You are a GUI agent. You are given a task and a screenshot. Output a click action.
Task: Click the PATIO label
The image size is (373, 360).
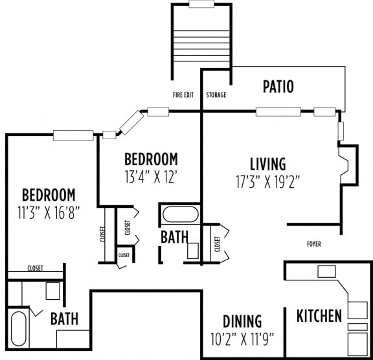click(x=278, y=86)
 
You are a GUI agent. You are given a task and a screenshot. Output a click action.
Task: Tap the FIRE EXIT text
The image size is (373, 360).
click(x=183, y=95)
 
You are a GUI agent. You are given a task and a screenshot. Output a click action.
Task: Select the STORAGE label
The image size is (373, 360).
click(x=216, y=95)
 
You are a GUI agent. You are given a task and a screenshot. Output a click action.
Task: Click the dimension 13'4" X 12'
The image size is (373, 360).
click(x=150, y=175)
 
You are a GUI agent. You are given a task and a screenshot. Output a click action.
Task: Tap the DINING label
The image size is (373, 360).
click(x=242, y=321)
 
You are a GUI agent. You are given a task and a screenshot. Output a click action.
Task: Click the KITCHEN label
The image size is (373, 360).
click(x=319, y=316)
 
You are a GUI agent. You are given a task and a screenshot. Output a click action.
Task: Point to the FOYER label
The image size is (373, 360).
click(x=314, y=244)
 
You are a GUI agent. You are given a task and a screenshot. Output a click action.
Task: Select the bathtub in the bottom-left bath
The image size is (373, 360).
click(x=19, y=329)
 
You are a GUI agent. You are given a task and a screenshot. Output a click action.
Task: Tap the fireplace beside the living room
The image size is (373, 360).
click(x=348, y=166)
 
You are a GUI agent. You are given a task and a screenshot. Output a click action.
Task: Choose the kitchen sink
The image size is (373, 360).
click(x=326, y=271)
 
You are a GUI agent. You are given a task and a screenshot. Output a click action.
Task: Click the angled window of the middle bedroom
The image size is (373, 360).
click(x=131, y=120)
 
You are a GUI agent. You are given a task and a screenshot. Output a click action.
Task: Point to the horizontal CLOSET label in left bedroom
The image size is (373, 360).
click(x=36, y=268)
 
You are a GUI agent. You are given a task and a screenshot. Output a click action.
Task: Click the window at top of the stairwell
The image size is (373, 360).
click(x=201, y=4)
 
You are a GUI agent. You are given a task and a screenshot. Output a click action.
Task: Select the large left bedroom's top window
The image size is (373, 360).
click(x=73, y=135)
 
